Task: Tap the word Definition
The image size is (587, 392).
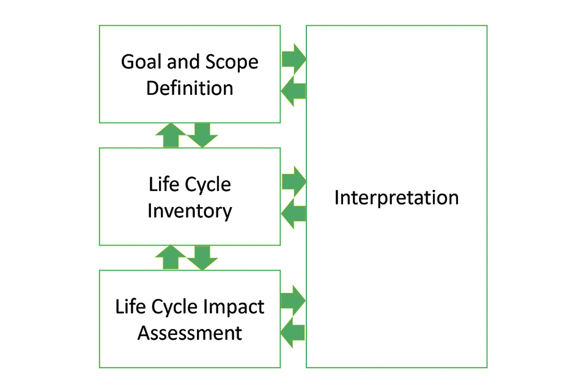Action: [190, 88]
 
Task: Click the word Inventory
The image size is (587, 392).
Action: [190, 211]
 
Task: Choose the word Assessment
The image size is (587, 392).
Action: [190, 333]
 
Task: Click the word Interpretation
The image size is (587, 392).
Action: [396, 198]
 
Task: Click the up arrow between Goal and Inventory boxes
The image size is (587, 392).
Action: [171, 135]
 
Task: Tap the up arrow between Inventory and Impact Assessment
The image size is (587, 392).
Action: [171, 257]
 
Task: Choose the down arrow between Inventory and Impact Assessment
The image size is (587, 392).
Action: [202, 257]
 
